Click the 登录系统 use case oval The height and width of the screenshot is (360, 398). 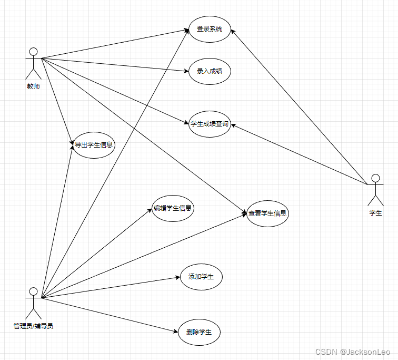point(210,29)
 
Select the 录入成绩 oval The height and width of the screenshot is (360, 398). point(210,71)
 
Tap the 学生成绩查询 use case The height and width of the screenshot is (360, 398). point(210,124)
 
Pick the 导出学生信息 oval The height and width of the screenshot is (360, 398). point(94,144)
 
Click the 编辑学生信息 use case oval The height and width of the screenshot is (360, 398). point(173,208)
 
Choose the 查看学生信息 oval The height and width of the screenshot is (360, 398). point(267,213)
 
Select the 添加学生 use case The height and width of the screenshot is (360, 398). point(201,277)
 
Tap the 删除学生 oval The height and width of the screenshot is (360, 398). point(199,333)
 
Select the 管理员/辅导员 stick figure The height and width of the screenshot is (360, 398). point(33,303)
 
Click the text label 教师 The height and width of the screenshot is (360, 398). point(33,86)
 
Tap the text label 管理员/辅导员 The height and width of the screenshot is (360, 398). point(33,326)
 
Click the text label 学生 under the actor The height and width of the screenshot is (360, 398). point(375,213)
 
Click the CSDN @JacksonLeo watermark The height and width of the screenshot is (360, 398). point(352,351)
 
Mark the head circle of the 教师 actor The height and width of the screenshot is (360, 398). point(33,52)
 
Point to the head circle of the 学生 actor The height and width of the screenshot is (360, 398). point(375,178)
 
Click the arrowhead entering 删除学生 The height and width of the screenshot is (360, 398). point(175,332)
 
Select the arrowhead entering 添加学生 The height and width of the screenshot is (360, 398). point(177,277)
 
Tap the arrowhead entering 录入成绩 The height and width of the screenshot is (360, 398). point(186,71)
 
